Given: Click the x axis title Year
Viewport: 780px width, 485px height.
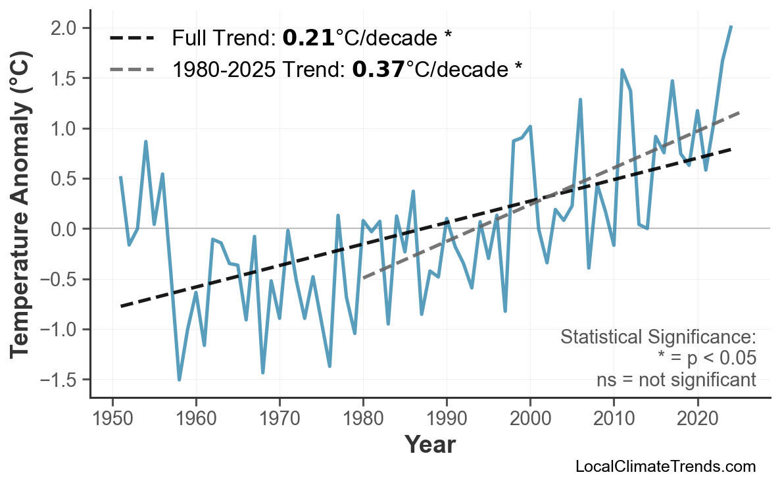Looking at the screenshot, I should pyautogui.click(x=429, y=445).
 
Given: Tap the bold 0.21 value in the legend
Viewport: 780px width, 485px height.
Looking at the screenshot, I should pyautogui.click(x=308, y=38).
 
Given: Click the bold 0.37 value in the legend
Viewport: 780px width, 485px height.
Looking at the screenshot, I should pyautogui.click(x=378, y=68).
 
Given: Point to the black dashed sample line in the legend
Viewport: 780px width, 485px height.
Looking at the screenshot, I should pyautogui.click(x=132, y=38).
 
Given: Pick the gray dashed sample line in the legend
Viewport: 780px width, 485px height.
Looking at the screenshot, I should pyautogui.click(x=132, y=68).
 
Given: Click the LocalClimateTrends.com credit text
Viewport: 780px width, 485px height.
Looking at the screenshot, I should pyautogui.click(x=665, y=467).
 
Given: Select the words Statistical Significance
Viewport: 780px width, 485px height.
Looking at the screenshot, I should pyautogui.click(x=657, y=338).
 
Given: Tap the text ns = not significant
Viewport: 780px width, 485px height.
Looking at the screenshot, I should pyautogui.click(x=676, y=380).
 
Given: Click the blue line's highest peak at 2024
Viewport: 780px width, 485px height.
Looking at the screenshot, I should pyautogui.click(x=731, y=26).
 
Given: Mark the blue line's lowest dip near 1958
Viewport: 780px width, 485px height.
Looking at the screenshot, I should pyautogui.click(x=179, y=380).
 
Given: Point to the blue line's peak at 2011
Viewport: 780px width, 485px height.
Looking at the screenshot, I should pyautogui.click(x=622, y=70).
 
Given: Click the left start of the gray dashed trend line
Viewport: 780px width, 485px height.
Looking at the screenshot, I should pyautogui.click(x=364, y=278).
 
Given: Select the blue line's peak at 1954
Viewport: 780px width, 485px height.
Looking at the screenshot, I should pyautogui.click(x=145, y=141).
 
